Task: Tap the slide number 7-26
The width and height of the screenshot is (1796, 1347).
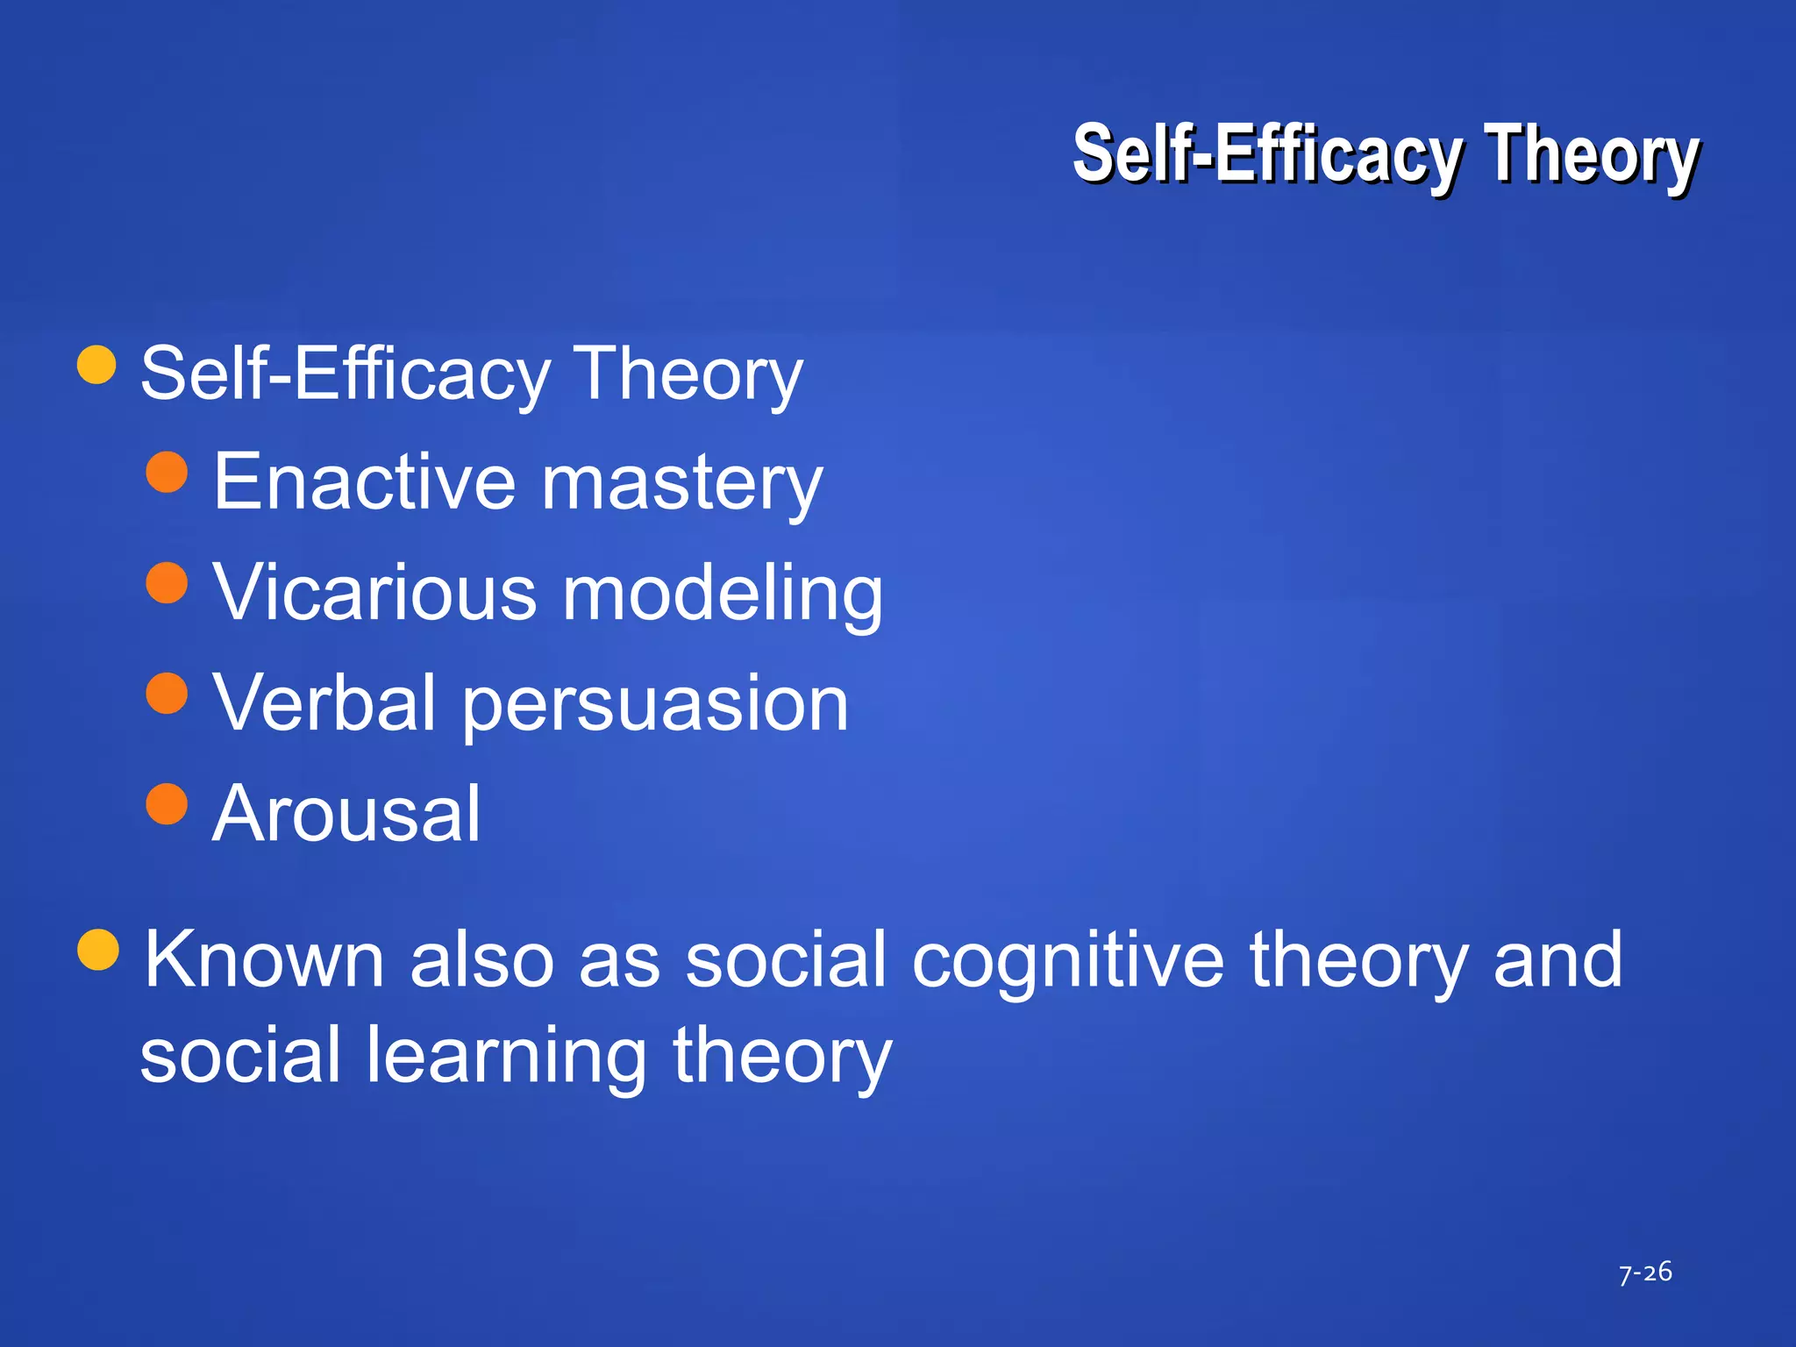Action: point(1645,1272)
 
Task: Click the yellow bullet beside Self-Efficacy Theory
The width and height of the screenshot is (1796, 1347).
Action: point(96,364)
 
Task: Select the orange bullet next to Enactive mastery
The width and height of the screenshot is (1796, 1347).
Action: point(167,473)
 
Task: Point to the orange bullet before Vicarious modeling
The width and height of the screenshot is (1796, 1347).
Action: point(167,583)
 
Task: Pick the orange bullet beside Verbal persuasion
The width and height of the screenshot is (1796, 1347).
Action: point(167,694)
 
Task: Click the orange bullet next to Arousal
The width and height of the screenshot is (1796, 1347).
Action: point(167,804)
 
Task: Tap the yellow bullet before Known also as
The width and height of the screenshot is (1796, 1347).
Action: point(98,950)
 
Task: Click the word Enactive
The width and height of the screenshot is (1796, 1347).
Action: point(365,481)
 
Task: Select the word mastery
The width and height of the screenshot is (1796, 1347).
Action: point(682,485)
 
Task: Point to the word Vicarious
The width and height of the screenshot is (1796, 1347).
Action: point(374,593)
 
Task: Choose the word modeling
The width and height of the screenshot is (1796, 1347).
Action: point(723,595)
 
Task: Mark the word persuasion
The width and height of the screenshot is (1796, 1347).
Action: point(655,706)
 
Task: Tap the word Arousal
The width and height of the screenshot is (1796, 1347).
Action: point(346,814)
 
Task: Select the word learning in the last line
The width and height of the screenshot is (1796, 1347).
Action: point(506,1057)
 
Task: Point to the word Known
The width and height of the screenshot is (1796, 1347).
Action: point(264,959)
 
